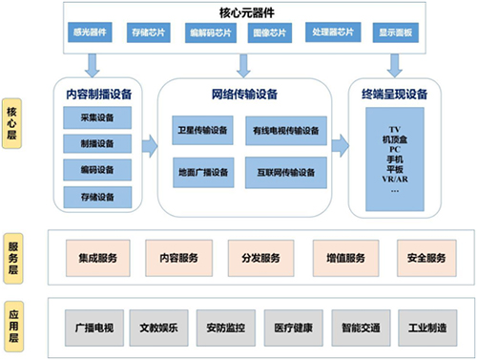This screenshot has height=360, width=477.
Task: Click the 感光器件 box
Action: (x=89, y=32)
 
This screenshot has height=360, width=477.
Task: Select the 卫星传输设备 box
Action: (x=202, y=130)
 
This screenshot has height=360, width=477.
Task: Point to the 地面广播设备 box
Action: (x=202, y=173)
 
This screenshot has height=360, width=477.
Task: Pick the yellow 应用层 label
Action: (x=19, y=325)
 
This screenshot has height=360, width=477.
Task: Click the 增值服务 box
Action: (x=342, y=257)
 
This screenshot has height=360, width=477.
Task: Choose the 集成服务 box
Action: (x=97, y=257)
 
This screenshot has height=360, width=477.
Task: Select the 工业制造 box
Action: (x=418, y=326)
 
